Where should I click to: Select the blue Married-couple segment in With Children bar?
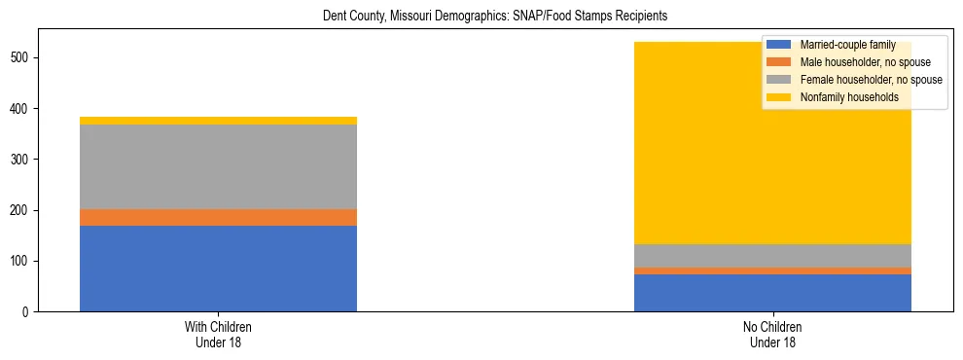[x=218, y=269]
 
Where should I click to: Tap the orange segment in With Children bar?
[x=218, y=217]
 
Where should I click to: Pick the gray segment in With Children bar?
[x=218, y=166]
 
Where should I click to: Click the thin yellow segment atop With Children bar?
[x=218, y=121]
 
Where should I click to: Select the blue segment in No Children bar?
[x=772, y=293]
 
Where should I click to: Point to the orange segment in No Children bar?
[x=772, y=270]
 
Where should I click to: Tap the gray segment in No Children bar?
[x=772, y=256]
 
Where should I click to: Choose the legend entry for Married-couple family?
[x=845, y=45]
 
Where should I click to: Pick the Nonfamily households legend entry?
[x=846, y=97]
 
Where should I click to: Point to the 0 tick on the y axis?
[x=28, y=312]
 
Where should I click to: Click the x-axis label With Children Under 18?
[x=218, y=334]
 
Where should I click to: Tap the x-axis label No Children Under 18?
[x=772, y=334]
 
